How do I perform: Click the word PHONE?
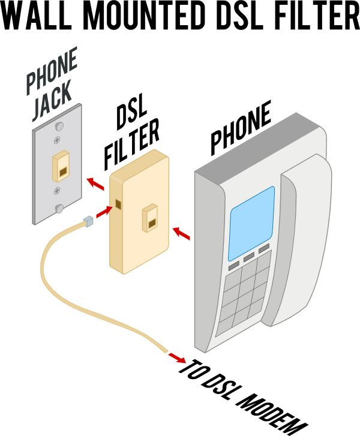point(52,72)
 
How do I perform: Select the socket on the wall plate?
point(61,166)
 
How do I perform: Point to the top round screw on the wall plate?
point(59,127)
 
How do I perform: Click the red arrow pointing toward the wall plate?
point(95,182)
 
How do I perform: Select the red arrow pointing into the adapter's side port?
point(104,211)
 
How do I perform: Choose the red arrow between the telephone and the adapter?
point(181,234)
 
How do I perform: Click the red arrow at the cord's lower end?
point(176,358)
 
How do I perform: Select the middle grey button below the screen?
point(249,257)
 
